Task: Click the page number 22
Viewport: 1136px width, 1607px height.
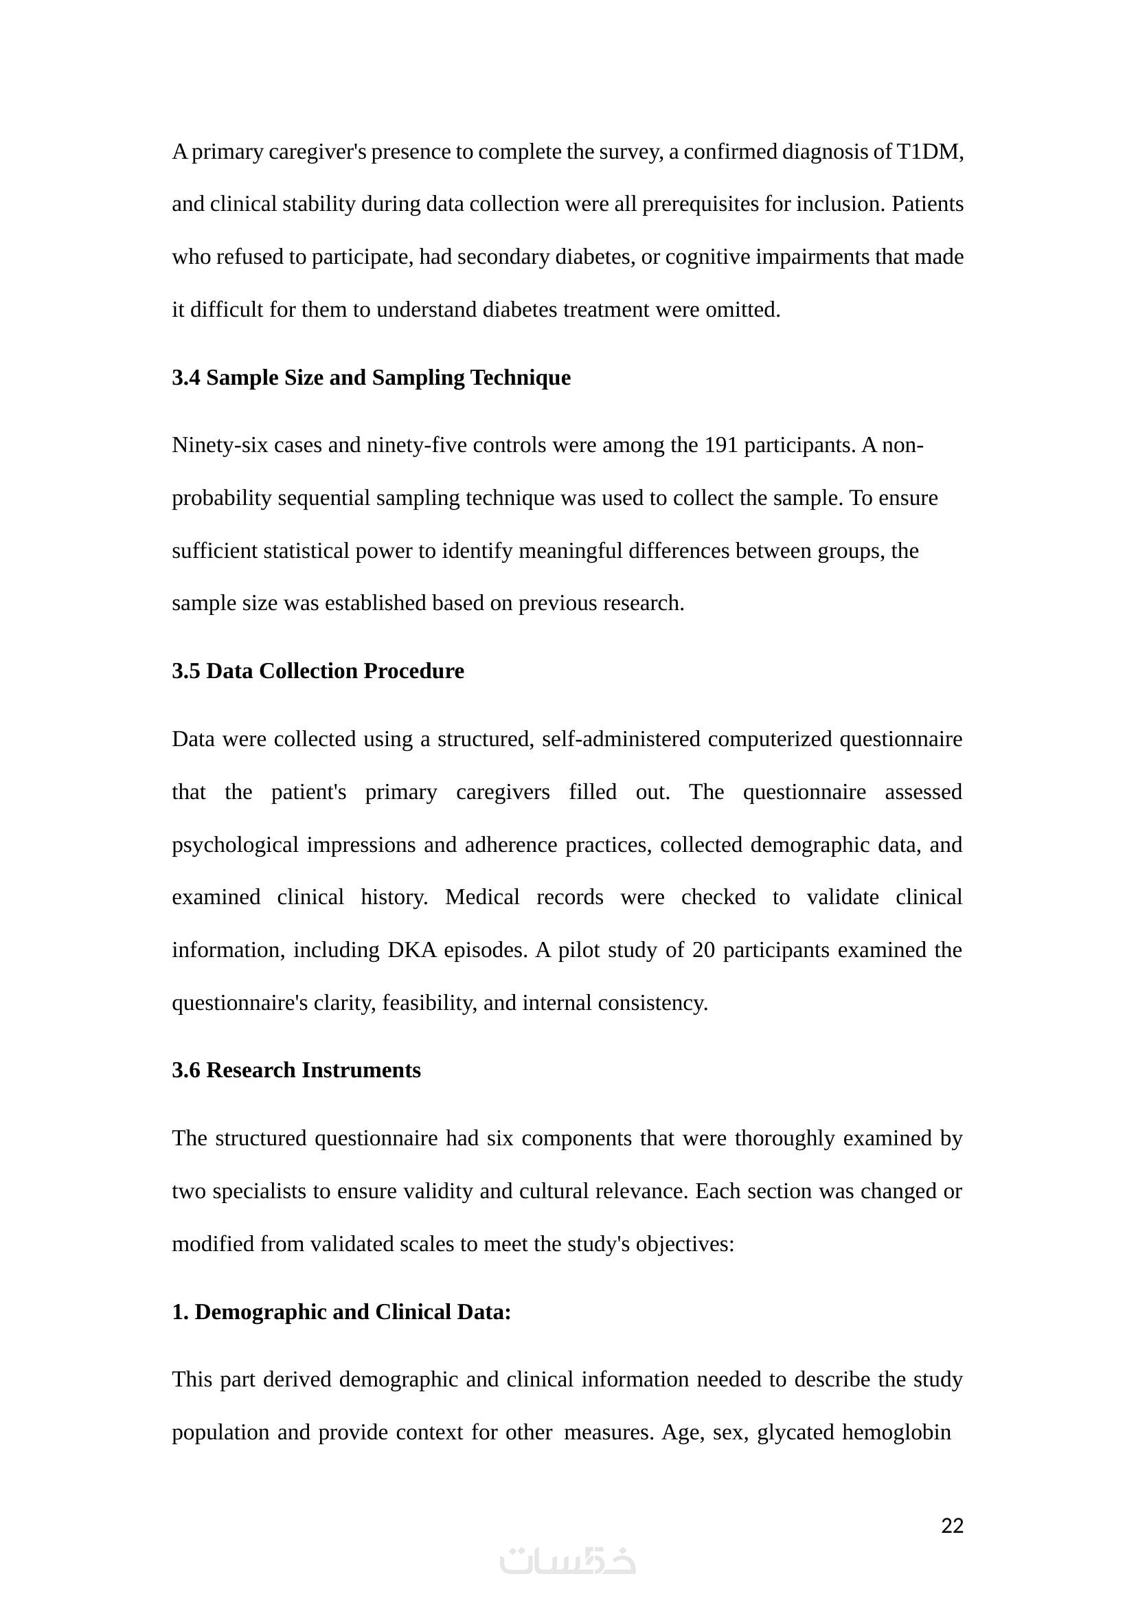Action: pos(952,1526)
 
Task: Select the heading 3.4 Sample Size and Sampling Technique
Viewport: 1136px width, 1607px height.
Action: pos(371,378)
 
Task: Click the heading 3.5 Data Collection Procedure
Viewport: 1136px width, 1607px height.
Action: pos(317,671)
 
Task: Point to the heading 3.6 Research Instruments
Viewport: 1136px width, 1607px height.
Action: pos(296,1070)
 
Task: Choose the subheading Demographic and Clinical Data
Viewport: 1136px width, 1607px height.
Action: pos(352,1312)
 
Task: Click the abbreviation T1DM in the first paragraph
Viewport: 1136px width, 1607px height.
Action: pos(929,152)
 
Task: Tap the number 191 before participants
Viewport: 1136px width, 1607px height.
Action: pos(721,445)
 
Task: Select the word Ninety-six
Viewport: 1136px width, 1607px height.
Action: pos(220,445)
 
